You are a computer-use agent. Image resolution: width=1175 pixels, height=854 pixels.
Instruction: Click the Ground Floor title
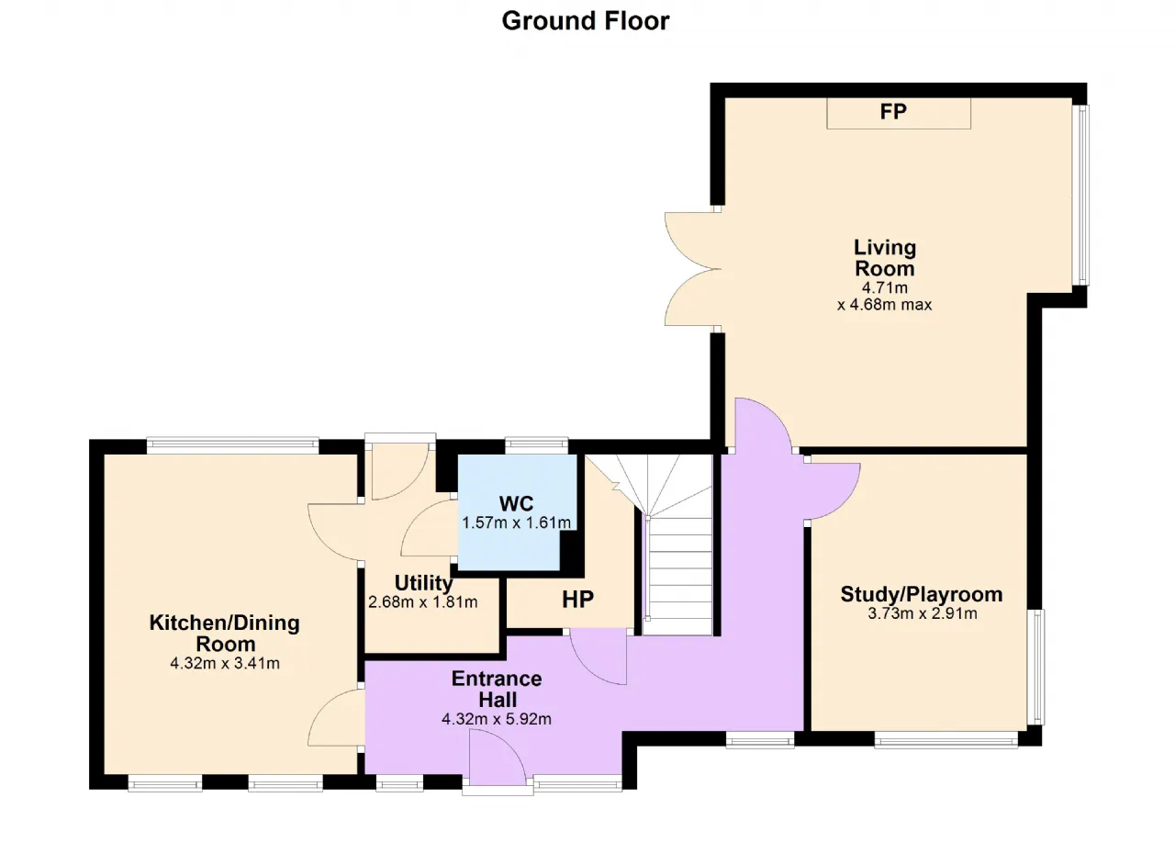pyautogui.click(x=586, y=21)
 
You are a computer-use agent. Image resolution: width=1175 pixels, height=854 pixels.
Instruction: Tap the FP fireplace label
pyautogui.click(x=893, y=111)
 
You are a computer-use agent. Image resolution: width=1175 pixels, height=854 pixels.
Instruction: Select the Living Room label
pyautogui.click(x=885, y=257)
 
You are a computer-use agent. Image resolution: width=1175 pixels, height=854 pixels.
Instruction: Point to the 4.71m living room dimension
pyautogui.click(x=884, y=287)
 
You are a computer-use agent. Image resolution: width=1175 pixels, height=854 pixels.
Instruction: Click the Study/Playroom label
pyautogui.click(x=922, y=594)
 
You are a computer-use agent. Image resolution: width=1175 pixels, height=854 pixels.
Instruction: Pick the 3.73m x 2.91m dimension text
pyautogui.click(x=923, y=613)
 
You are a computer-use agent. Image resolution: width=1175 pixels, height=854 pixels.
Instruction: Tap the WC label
pyautogui.click(x=516, y=503)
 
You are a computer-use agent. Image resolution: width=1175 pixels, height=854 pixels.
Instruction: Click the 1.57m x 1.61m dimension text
pyautogui.click(x=516, y=523)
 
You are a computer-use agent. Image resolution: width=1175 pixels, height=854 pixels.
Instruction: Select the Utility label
pyautogui.click(x=423, y=583)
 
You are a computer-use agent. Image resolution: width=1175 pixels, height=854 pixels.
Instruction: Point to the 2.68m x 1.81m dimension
pyautogui.click(x=423, y=601)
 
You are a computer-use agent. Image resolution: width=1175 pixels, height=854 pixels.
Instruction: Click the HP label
pyautogui.click(x=577, y=599)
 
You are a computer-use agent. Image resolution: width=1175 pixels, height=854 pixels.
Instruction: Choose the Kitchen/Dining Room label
pyautogui.click(x=225, y=633)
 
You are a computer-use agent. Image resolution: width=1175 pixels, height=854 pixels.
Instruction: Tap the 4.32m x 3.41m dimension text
pyautogui.click(x=225, y=663)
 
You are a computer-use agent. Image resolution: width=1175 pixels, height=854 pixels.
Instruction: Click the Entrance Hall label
pyautogui.click(x=497, y=689)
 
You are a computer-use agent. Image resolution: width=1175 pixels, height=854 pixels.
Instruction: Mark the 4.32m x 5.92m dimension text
pyautogui.click(x=497, y=719)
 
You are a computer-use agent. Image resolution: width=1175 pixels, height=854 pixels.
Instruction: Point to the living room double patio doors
pyautogui.click(x=693, y=269)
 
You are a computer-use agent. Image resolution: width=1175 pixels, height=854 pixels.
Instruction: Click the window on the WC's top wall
pyautogui.click(x=536, y=445)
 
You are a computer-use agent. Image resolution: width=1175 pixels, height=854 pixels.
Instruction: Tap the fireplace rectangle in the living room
pyautogui.click(x=899, y=113)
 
